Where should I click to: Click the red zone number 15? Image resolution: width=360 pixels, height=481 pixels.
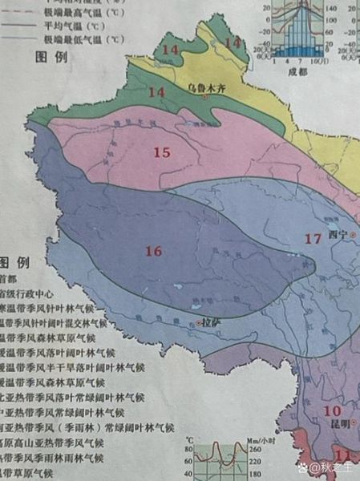tap(162, 152)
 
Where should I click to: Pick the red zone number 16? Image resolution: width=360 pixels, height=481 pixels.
tap(153, 252)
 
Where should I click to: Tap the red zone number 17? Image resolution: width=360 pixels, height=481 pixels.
tap(313, 238)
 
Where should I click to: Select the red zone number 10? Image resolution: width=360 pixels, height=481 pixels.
tap(332, 410)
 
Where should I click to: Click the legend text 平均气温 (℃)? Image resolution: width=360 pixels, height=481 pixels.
tap(79, 26)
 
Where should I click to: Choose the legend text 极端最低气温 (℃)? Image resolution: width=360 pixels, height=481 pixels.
tap(84, 38)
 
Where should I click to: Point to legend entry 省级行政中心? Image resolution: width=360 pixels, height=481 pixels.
tap(26, 293)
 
